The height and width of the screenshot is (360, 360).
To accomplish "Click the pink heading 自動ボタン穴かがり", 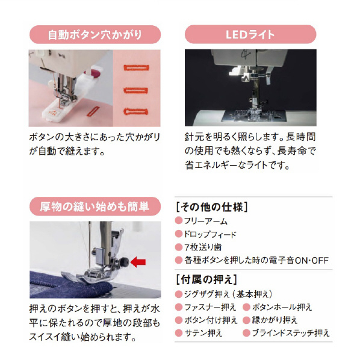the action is coord(95,35).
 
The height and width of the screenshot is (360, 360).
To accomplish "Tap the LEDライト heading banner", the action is coord(250,34).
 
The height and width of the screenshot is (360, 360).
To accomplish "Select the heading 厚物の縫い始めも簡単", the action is coord(95,206).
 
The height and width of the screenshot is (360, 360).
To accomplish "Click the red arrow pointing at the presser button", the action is coord(138,262).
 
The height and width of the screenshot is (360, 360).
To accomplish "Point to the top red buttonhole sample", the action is coord(137,68).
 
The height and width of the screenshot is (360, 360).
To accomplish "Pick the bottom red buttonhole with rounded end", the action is coord(135,111).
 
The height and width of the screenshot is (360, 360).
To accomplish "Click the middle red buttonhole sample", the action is coord(135,90).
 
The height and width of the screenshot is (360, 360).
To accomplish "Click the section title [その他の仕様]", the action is coord(212,207).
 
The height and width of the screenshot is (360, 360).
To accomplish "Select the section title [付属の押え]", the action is coord(206,280).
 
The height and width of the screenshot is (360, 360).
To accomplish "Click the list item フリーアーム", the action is coord(206,221).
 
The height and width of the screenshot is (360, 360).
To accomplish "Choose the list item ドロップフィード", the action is coord(210,234).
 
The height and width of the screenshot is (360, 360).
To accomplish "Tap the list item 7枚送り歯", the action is coord(203,247).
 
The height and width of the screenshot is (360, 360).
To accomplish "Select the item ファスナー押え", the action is coord(210,307).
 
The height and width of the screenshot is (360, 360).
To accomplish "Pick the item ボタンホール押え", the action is coord(282,307).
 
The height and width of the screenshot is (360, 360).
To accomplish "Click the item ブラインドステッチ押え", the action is coord(291,333).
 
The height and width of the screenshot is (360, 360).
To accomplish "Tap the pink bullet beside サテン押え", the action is coord(178,333).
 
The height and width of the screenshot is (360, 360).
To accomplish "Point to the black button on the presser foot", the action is coord(125,261).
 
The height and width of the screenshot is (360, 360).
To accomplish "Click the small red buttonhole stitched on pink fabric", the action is coord(93,111).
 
